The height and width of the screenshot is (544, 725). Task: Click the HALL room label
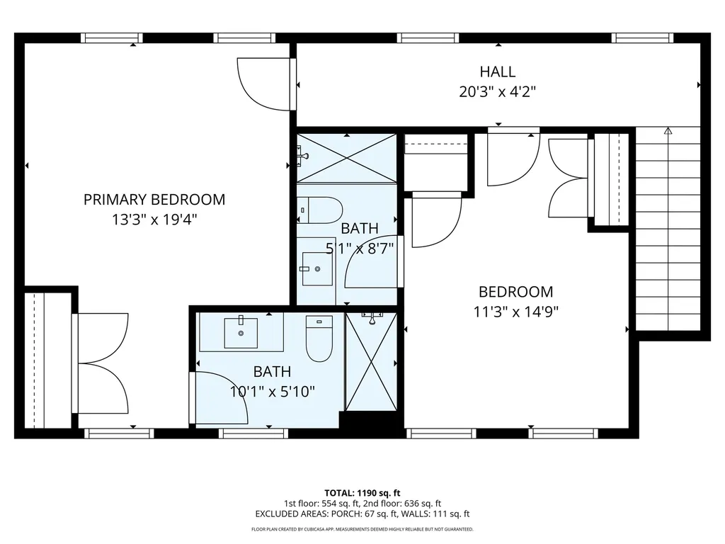(497, 72)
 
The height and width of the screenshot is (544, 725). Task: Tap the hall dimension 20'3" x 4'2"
(497, 91)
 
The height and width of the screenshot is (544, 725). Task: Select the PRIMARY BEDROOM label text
(154, 200)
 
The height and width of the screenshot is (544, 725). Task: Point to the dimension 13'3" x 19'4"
(154, 220)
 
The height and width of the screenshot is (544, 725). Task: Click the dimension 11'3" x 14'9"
(516, 312)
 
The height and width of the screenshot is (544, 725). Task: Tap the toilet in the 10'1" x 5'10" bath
(319, 338)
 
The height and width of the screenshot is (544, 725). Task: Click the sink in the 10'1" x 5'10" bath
(241, 332)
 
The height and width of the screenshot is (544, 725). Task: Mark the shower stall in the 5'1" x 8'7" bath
(346, 158)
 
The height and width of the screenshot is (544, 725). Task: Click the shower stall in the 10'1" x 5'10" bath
(371, 361)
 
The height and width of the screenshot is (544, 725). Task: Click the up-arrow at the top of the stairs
(668, 131)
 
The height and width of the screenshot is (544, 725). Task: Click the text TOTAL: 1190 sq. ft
(362, 493)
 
